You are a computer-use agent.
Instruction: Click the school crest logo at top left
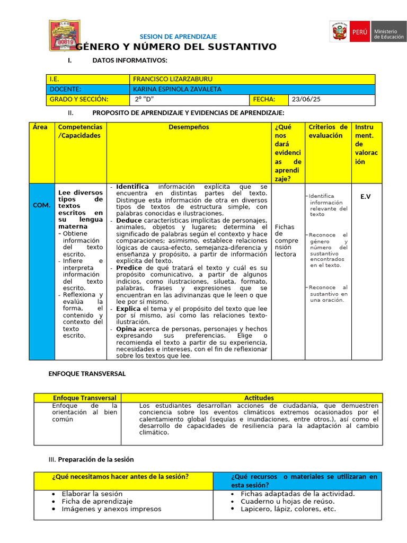tap(65, 36)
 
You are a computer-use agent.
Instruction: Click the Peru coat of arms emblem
tap(338, 32)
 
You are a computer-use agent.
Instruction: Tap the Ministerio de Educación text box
tap(389, 35)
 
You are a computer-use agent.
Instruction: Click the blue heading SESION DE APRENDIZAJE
tap(178, 37)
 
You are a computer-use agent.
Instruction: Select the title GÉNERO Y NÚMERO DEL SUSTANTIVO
tap(176, 47)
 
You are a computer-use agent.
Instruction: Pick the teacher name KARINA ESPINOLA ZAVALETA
tap(177, 89)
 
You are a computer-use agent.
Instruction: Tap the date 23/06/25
tap(306, 99)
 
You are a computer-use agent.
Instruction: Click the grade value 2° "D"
tap(145, 99)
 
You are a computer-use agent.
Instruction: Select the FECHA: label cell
tap(264, 99)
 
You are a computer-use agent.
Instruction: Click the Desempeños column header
tap(189, 127)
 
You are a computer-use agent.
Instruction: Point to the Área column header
tap(40, 127)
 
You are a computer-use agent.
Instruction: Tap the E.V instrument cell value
tap(366, 197)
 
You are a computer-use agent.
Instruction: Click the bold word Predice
tap(129, 268)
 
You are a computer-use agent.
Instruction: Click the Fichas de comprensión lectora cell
tap(286, 240)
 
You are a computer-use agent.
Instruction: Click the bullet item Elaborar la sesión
tap(92, 493)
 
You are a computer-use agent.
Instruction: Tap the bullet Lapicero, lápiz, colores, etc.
tap(288, 509)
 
